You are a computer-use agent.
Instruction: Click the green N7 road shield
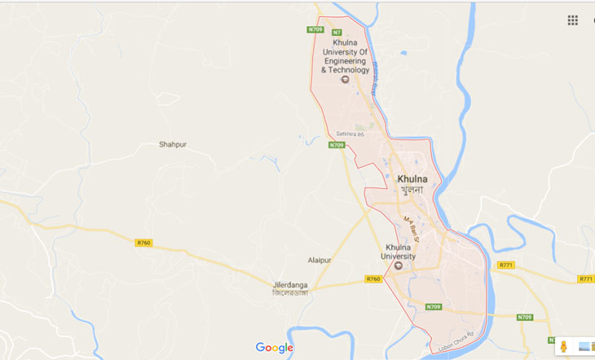[x=336, y=32]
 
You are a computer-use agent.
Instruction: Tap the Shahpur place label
[x=172, y=145]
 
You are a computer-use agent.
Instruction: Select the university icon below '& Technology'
[x=344, y=80]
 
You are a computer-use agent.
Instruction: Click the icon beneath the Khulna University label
[x=399, y=266]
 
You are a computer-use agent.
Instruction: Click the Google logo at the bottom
[x=274, y=348]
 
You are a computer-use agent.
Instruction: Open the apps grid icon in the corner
[x=573, y=20]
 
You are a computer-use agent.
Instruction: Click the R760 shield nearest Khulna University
[x=374, y=279]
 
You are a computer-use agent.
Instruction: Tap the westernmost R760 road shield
[x=143, y=242]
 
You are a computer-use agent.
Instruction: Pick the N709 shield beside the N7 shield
[x=315, y=30]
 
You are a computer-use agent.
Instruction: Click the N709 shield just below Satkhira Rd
[x=337, y=145]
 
